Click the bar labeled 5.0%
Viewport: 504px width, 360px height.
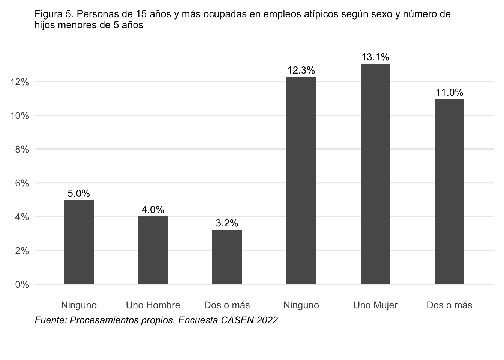pyautogui.click(x=79, y=242)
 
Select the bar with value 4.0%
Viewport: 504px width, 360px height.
pyautogui.click(x=153, y=250)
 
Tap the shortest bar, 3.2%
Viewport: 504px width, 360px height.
pyautogui.click(x=227, y=257)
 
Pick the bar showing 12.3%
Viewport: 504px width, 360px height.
pyautogui.click(x=301, y=180)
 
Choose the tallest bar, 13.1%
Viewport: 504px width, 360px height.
pyautogui.click(x=375, y=174)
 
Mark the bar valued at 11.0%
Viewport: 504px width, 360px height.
pyautogui.click(x=449, y=192)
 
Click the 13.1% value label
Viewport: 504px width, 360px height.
pyautogui.click(x=375, y=57)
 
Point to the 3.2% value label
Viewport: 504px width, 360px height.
pyautogui.click(x=227, y=223)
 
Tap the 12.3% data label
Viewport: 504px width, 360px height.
pyautogui.click(x=301, y=70)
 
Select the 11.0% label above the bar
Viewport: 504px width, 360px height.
pyautogui.click(x=450, y=92)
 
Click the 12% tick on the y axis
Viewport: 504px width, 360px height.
pyautogui.click(x=19, y=82)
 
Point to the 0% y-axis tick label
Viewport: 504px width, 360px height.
pyautogui.click(x=22, y=285)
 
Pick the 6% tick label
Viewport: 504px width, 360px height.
pyautogui.click(x=22, y=183)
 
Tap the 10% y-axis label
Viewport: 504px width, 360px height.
pyautogui.click(x=19, y=116)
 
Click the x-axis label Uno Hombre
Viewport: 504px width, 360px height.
pyautogui.click(x=153, y=305)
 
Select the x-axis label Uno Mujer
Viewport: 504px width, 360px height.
pyautogui.click(x=375, y=305)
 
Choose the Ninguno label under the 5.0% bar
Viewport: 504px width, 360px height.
pyautogui.click(x=79, y=305)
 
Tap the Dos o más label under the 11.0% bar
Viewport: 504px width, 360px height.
pyautogui.click(x=449, y=305)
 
